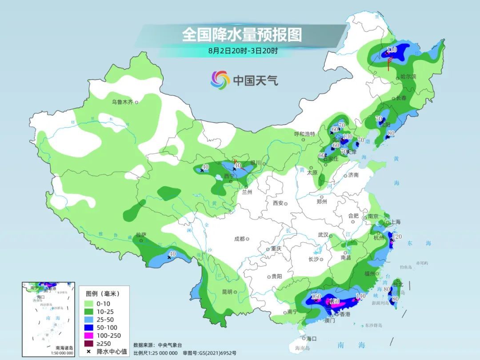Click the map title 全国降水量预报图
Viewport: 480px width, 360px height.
[241, 35]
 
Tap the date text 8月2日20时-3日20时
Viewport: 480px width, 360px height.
[243, 51]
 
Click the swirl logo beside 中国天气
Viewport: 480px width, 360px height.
[220, 80]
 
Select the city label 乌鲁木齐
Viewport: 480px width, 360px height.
[122, 102]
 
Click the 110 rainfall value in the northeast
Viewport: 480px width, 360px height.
[392, 50]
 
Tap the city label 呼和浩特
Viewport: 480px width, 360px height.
[304, 134]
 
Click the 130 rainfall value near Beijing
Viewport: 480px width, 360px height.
[348, 136]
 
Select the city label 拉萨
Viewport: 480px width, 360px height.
[141, 235]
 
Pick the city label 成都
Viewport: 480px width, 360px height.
[239, 239]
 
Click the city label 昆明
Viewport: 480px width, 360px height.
[227, 292]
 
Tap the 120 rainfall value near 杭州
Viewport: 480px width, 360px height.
[397, 236]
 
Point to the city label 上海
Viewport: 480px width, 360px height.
[395, 222]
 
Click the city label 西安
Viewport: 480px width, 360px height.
[278, 203]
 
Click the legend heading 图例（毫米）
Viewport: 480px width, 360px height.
[102, 294]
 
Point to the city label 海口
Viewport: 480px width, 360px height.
[311, 339]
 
